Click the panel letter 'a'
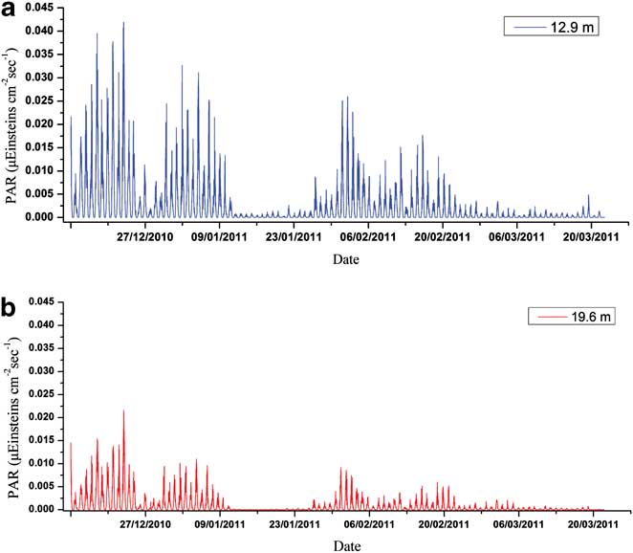(11, 12)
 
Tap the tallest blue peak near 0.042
(122, 23)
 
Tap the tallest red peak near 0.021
(123, 411)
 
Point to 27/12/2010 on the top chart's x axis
(145, 236)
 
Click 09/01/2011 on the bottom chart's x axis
(220, 526)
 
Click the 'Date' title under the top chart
(346, 259)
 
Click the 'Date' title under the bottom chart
(346, 546)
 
